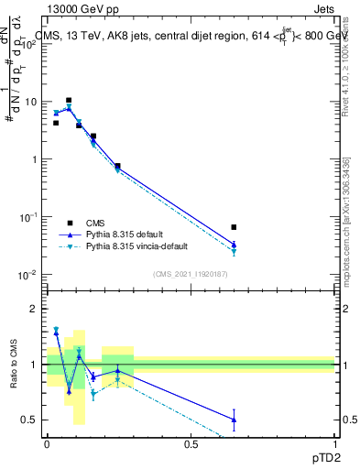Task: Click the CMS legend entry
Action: [x=95, y=223]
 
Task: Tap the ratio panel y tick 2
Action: [x=37, y=309]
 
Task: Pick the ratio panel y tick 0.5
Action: [x=33, y=420]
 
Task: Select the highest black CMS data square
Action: [x=69, y=100]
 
